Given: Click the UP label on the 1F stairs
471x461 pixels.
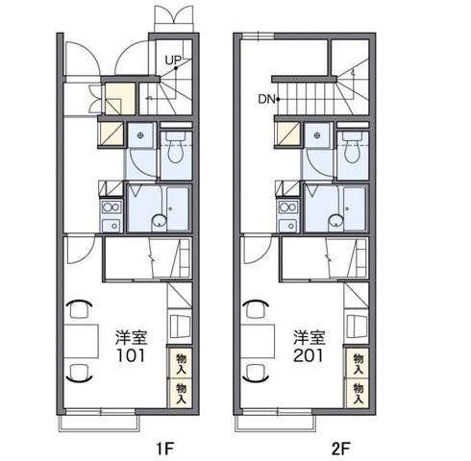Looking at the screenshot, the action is (173, 60).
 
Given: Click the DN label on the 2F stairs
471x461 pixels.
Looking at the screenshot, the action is (266, 99).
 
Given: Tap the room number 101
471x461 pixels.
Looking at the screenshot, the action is (131, 355).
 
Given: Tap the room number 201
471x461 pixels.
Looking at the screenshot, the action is (309, 355).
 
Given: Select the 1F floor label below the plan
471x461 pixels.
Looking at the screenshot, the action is (165, 449).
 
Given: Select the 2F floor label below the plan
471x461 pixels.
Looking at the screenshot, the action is (341, 449).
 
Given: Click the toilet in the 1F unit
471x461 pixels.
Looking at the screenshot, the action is (176, 147).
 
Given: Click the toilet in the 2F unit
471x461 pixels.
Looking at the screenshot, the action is (353, 147).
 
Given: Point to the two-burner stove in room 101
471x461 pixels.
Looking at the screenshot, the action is (111, 207).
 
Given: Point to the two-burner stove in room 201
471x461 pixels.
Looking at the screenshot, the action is (288, 207).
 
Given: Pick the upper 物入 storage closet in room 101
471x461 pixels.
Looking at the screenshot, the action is (181, 363).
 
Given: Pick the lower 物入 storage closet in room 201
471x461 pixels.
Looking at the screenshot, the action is (358, 393).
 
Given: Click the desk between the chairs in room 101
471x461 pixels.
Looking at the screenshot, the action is (81, 341).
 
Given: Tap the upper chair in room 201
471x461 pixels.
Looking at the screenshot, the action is (257, 309).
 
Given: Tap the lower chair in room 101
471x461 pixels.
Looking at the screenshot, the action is (79, 373).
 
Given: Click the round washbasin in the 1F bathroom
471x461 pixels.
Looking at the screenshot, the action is (159, 221).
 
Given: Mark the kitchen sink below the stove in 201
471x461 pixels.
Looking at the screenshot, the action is (288, 225).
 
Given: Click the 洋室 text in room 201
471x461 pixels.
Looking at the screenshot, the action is (310, 337).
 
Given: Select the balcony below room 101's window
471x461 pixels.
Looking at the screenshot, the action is (99, 424).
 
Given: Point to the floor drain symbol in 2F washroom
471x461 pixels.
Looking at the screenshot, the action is (317, 135).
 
